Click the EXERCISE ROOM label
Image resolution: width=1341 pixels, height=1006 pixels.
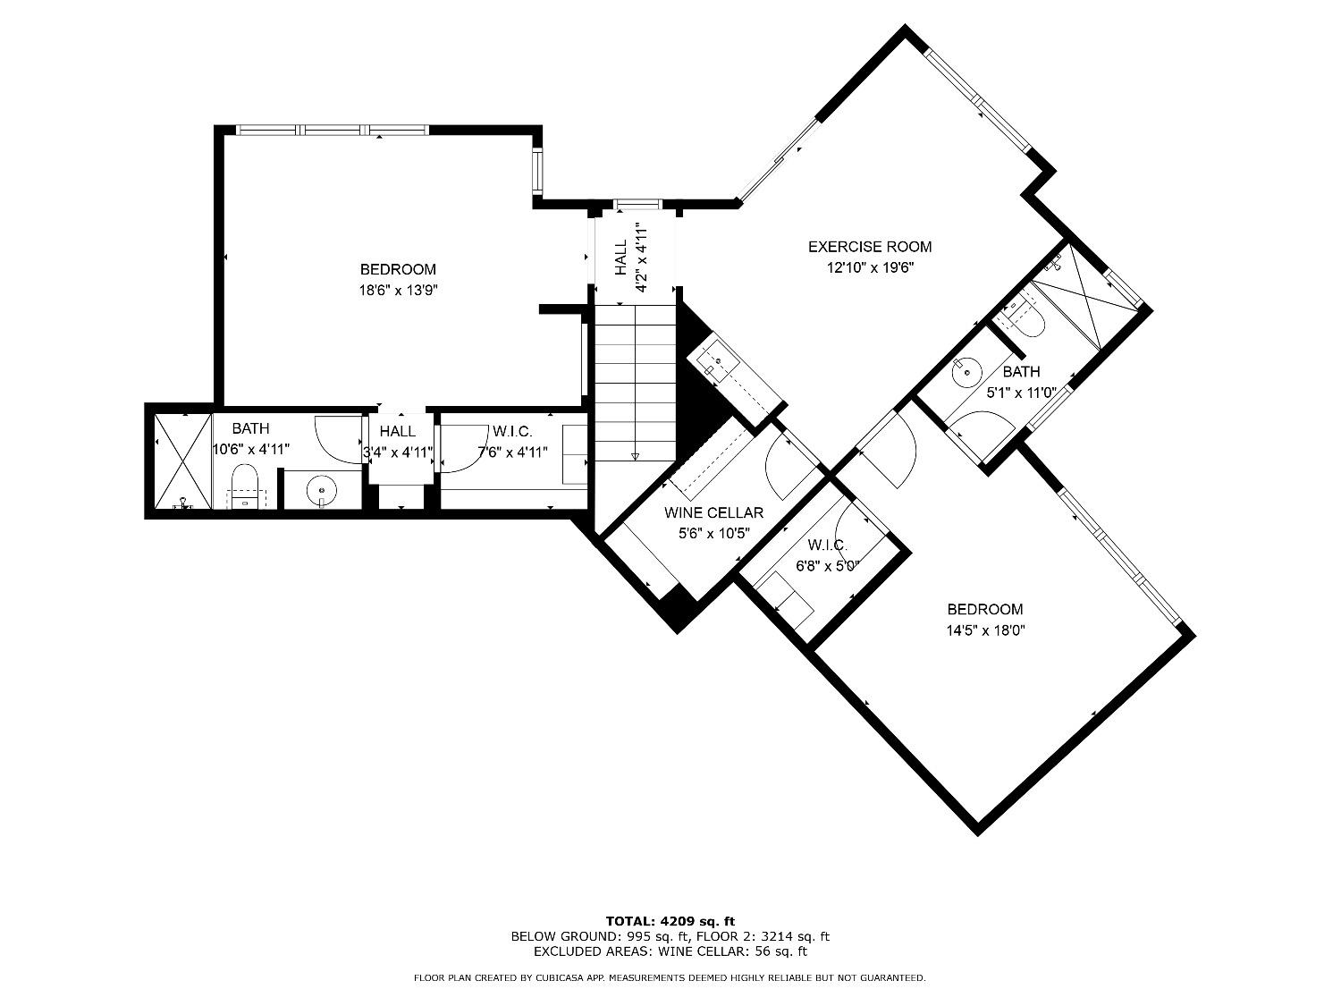coord(869,247)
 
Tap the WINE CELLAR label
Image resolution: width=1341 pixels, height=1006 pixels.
coord(713,512)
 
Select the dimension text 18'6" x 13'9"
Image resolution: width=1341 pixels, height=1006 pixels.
coord(398,290)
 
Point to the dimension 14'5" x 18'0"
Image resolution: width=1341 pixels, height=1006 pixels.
coord(984,630)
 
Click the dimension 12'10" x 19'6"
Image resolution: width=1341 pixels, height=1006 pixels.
coord(869,266)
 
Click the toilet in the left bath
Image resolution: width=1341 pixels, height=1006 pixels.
coord(244,488)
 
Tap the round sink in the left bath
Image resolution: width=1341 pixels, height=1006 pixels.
coord(322,490)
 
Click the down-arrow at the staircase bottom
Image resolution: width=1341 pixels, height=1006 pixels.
coord(636,456)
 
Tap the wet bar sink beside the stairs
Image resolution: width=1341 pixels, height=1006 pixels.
coord(715,362)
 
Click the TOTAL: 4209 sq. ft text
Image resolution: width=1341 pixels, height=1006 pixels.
coord(670,920)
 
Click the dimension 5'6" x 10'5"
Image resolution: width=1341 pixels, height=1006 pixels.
coord(713,533)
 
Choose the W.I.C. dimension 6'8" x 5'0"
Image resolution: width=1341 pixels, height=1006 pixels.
coord(827,565)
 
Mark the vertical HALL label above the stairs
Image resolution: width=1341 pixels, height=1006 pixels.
coord(620,258)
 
